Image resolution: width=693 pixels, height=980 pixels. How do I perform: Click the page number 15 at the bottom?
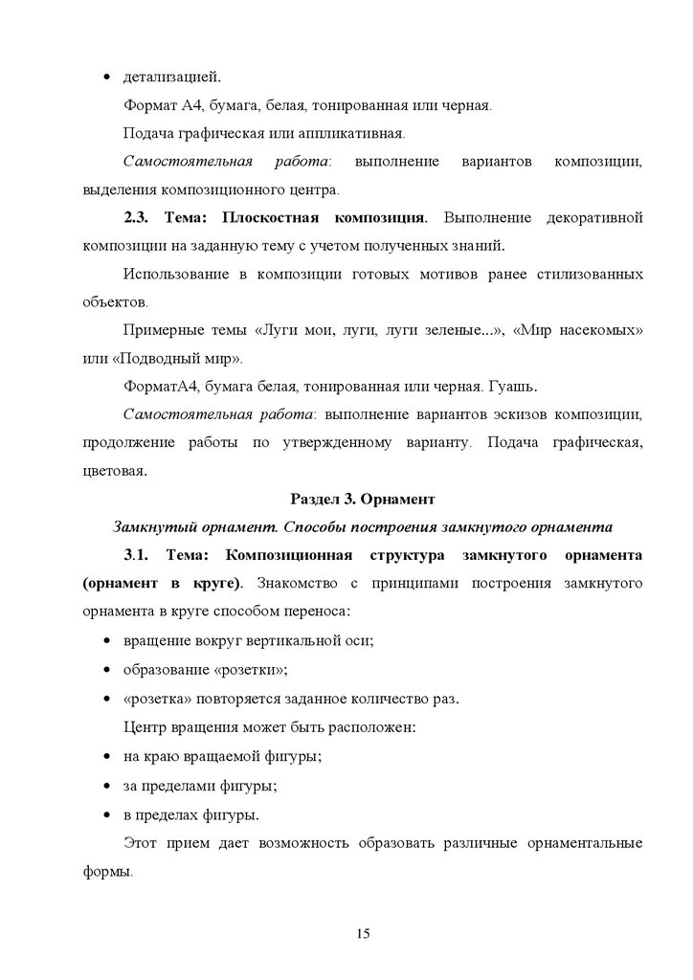coord(362,934)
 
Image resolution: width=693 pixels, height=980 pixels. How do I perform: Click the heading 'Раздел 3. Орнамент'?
coord(362,499)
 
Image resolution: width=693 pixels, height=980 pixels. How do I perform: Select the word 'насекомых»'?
coord(601,331)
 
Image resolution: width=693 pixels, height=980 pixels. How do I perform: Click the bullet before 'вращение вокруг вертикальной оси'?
coord(105,641)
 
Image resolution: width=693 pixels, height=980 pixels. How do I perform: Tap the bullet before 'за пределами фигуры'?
coord(105,787)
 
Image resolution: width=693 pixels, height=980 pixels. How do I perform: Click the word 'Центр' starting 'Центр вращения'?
coord(146,727)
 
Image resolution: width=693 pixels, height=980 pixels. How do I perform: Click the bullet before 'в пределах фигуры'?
coord(105,816)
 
